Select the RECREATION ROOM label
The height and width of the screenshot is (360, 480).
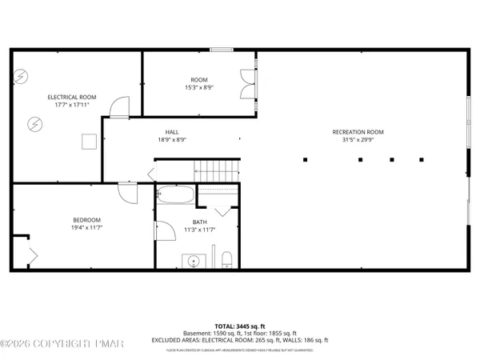[358, 131]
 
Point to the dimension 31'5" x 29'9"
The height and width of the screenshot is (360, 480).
[358, 139]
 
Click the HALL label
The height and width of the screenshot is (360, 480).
[172, 131]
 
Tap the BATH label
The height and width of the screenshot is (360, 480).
[199, 222]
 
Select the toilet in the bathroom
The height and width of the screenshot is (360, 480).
[226, 258]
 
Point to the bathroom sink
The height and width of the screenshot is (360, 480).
[193, 261]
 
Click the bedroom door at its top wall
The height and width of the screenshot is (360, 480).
[126, 192]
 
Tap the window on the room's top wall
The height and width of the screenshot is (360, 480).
[222, 50]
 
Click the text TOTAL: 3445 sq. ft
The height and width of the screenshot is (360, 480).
[241, 326]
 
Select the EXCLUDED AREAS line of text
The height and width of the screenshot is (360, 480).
[240, 340]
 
